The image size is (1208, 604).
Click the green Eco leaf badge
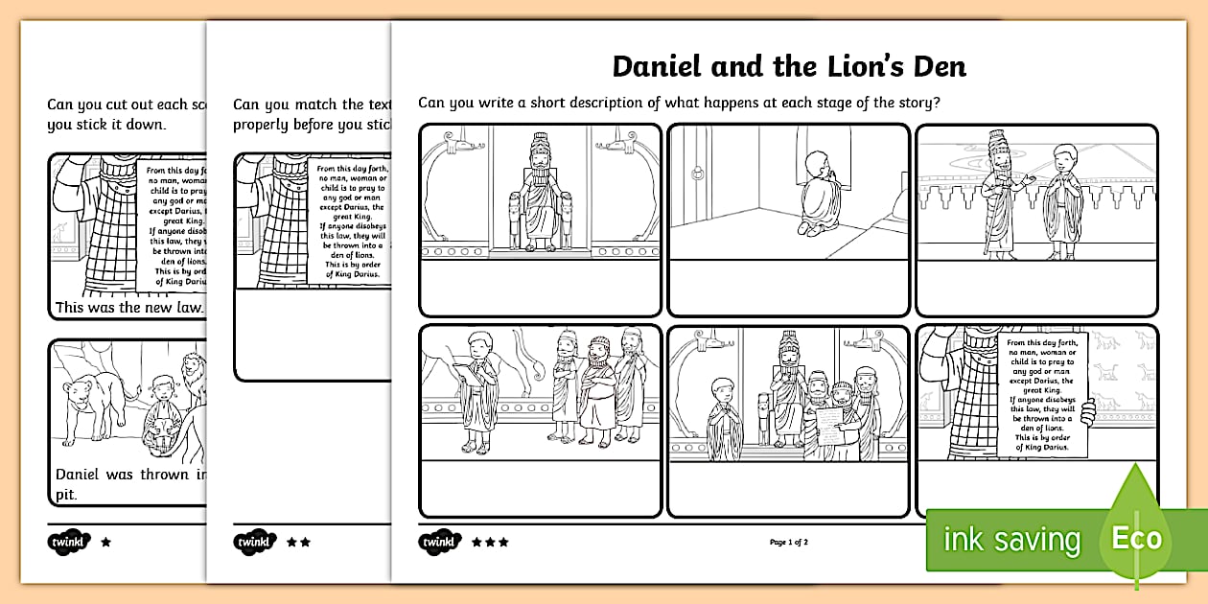[x=1137, y=536]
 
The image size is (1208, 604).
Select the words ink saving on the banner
[x=1011, y=540]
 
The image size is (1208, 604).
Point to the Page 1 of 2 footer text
[x=789, y=543]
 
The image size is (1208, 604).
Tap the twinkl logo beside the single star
[x=67, y=542]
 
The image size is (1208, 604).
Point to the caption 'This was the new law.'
[x=129, y=308]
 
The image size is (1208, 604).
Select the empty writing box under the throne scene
[x=540, y=287]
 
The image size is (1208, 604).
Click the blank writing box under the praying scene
[x=787, y=287]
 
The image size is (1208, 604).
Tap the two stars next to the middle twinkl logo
[x=298, y=542]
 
